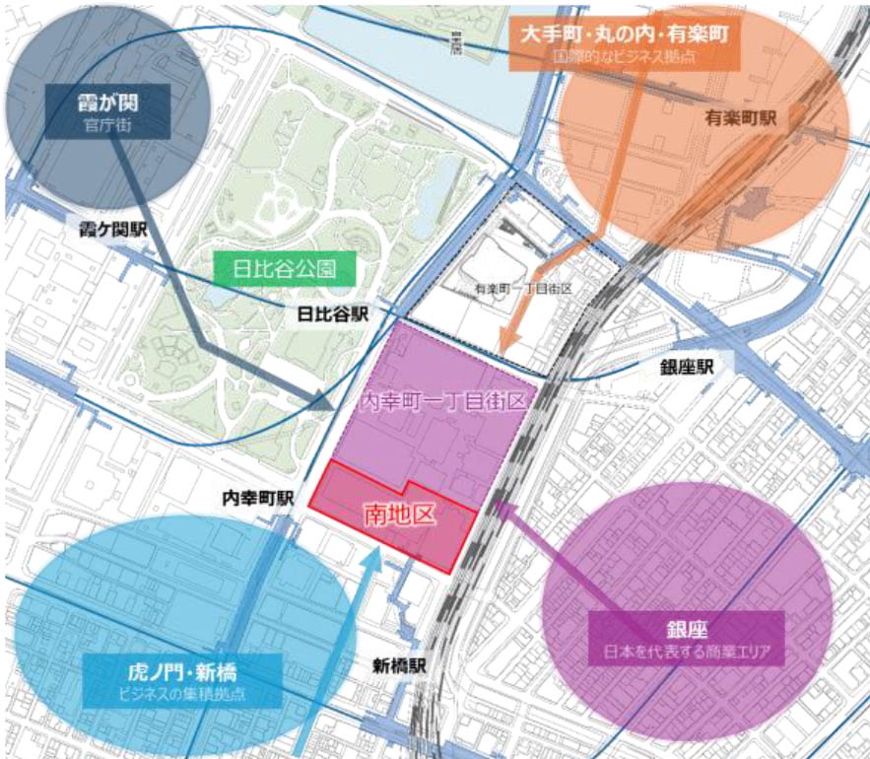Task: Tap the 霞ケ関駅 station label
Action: point(113,230)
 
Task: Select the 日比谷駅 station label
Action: point(332,314)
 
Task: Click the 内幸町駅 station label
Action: point(257,499)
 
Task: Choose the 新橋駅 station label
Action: point(399,665)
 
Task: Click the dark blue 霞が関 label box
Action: point(108,110)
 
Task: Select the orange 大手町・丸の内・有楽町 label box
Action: point(625,44)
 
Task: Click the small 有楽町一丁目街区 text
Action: point(523,289)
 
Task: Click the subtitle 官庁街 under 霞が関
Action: point(108,125)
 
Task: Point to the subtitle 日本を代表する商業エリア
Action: point(687,652)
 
